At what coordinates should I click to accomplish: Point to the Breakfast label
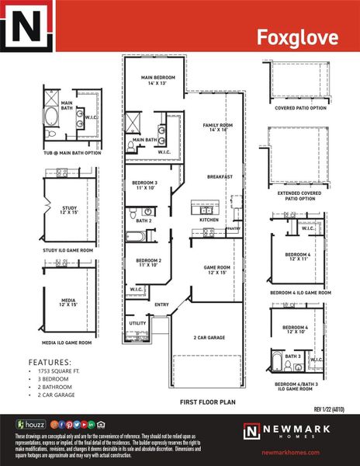220,177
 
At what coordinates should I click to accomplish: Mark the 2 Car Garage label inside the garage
209,338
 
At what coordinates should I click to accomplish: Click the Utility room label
137,322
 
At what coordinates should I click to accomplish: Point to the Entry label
161,304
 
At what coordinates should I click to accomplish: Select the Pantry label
233,229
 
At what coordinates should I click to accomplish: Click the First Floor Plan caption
207,402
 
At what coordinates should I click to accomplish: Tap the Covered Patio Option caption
300,108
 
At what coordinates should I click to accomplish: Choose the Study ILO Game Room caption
67,251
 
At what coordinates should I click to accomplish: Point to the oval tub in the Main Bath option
51,116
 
